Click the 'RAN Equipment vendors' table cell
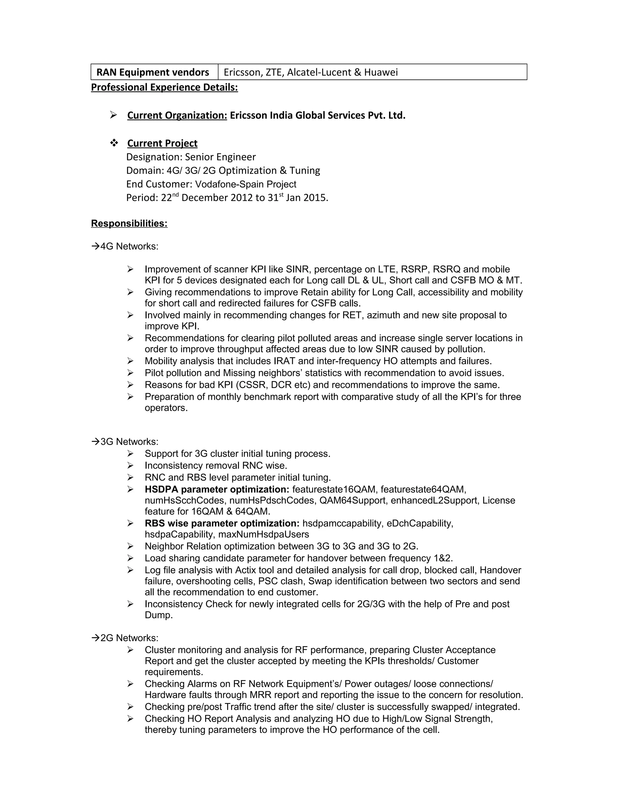click(x=153, y=72)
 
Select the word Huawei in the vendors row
click(x=381, y=72)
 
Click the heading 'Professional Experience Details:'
click(x=164, y=87)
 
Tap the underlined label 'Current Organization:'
click(x=177, y=115)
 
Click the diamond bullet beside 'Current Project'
click(x=114, y=143)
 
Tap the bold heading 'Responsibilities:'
click(x=129, y=223)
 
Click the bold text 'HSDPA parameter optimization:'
click(x=217, y=489)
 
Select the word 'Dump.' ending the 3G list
click(x=158, y=615)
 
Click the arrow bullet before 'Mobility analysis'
click(x=131, y=361)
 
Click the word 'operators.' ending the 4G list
click(x=166, y=408)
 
